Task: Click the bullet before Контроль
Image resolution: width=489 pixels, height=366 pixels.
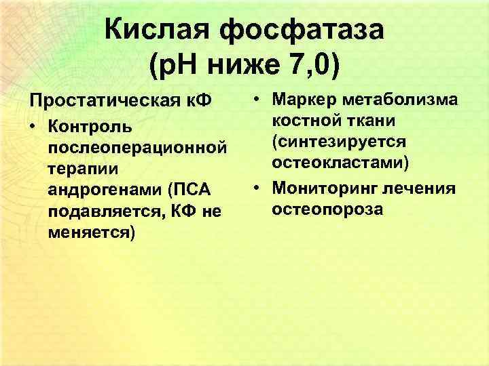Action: coord(34,126)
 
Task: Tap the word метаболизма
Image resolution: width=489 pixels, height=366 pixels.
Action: coord(403,100)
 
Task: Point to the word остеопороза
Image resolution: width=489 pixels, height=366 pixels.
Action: coord(327,209)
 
